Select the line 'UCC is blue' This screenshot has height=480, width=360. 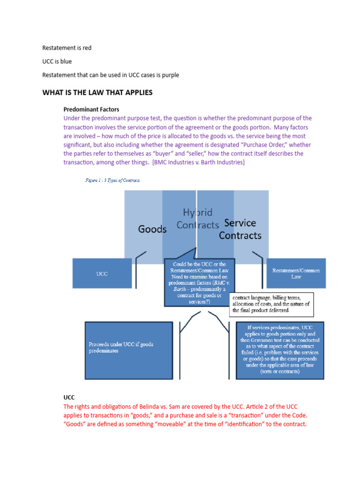coord(57,61)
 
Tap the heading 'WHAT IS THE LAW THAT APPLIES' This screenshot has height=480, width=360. coord(97,92)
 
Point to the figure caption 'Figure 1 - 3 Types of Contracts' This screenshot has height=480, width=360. coord(112,180)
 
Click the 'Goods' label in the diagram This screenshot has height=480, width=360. coord(152,229)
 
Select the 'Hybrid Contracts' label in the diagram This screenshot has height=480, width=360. coord(197,218)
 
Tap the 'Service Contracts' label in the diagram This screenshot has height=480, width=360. coord(240,229)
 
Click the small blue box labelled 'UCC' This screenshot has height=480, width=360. coord(102,273)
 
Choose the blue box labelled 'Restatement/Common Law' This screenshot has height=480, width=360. coord(296,273)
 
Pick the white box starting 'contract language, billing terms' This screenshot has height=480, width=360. coord(271,304)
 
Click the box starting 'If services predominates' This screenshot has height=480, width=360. coord(280,349)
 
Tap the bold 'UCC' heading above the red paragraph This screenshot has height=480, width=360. coord(69,397)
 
